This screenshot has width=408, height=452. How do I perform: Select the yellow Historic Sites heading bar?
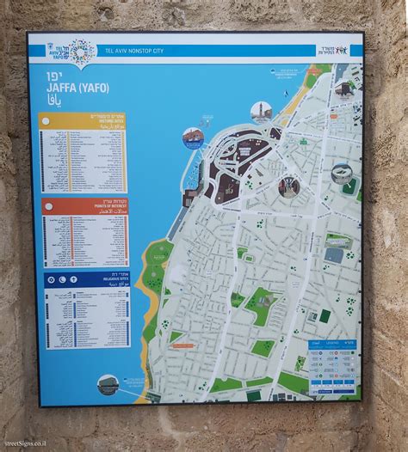tap(83, 120)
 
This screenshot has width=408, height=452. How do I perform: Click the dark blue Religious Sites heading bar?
tap(83, 279)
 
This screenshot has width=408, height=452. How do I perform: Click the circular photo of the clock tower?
tap(260, 112)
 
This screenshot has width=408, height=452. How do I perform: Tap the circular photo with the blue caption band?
tap(192, 138)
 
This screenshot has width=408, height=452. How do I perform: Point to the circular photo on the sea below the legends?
tap(108, 384)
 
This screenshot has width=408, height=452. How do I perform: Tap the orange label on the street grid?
tap(185, 345)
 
